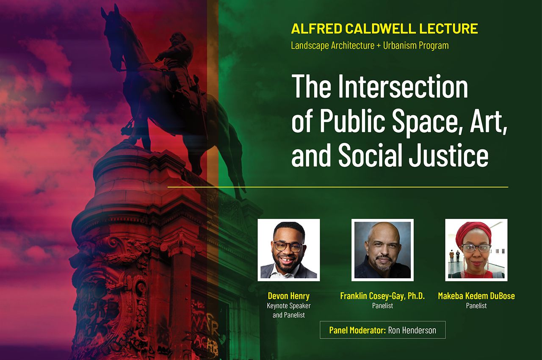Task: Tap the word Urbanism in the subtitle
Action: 402,45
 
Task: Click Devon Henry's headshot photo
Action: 288,250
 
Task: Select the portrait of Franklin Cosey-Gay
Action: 382,250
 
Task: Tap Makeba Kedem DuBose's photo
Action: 476,250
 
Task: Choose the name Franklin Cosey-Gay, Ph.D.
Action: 382,296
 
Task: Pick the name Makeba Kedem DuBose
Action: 476,296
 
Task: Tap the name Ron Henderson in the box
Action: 412,330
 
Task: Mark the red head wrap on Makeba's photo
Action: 473,231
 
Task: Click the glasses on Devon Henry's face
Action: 288,246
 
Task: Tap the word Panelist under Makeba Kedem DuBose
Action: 476,305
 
